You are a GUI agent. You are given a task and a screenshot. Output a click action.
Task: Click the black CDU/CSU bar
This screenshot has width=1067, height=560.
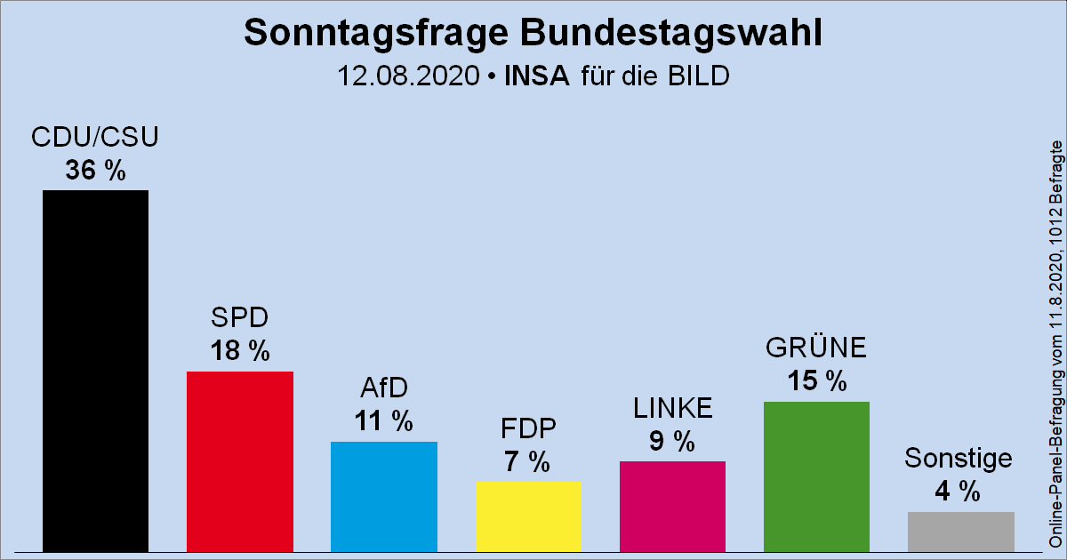95,371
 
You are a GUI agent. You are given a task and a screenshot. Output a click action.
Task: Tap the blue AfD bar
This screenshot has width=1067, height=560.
383,496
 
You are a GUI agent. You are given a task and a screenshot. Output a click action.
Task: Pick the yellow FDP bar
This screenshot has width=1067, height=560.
528,516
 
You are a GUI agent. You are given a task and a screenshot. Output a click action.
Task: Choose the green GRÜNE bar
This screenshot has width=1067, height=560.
816,476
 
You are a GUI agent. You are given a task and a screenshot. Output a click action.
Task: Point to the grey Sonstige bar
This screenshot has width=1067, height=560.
960,532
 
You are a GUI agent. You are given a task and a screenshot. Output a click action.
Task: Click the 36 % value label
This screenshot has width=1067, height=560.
95,171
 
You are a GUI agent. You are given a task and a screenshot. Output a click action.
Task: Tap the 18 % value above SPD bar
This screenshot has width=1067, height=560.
239,351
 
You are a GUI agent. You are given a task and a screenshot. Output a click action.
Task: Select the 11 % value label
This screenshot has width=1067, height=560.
383,421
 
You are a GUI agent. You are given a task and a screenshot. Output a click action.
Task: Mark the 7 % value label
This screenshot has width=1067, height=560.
528,461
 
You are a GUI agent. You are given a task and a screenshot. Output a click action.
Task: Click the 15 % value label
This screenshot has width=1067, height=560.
816,381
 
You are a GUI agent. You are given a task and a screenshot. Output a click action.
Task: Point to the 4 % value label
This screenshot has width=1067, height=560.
958,491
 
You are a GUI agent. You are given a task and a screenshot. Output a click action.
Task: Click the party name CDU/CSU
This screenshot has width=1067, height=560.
95,138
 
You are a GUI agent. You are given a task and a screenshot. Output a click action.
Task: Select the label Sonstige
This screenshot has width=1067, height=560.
958,459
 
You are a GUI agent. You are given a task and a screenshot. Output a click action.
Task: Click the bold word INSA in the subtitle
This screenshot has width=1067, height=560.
536,76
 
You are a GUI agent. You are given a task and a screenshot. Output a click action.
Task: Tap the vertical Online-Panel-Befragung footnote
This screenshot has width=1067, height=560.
1055,342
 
